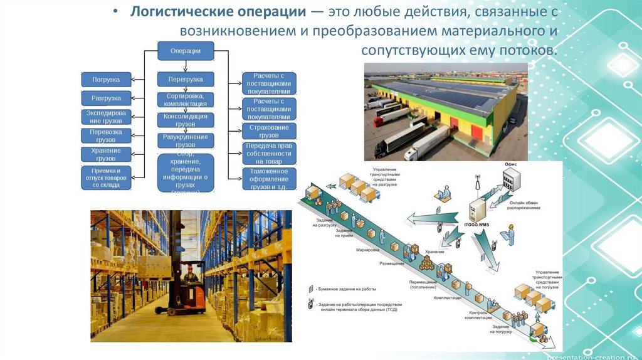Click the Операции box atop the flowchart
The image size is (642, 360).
click(185, 51)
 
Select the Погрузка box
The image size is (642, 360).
click(106, 80)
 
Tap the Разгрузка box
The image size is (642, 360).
click(106, 98)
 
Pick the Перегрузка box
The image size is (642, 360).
click(185, 80)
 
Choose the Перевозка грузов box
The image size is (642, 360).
click(106, 136)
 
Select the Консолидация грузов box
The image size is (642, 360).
click(185, 120)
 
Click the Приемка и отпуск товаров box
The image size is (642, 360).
click(106, 177)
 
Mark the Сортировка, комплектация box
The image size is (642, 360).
click(185, 100)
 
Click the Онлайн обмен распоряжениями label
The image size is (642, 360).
click(525, 205)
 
